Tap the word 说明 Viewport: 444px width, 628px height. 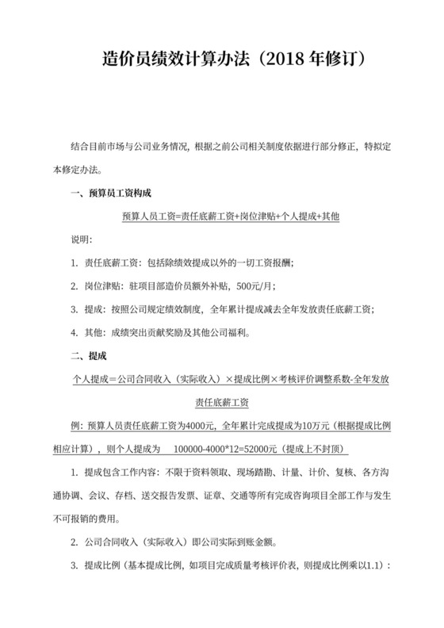tap(82, 239)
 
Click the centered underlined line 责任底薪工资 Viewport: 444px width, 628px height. tap(222, 402)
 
